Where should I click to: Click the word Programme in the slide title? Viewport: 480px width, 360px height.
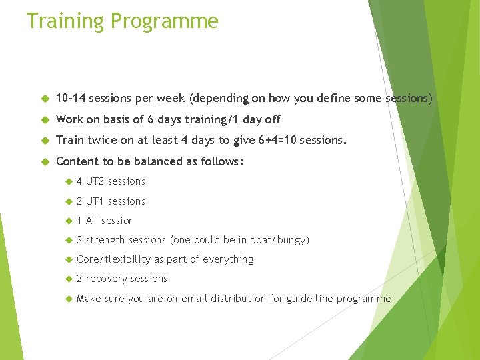pos(164,21)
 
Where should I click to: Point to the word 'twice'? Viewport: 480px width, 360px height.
pos(100,141)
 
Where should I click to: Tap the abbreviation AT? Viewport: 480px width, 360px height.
pos(92,221)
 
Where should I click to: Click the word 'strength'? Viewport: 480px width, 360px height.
pos(105,240)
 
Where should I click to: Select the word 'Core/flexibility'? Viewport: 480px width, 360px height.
pos(113,259)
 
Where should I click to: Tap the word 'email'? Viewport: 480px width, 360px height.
pos(194,299)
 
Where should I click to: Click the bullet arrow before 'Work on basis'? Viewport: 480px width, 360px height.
pos(45,120)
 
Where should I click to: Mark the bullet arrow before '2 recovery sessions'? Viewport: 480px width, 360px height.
pos(67,279)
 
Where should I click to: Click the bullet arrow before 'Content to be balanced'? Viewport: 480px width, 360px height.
pos(45,162)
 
